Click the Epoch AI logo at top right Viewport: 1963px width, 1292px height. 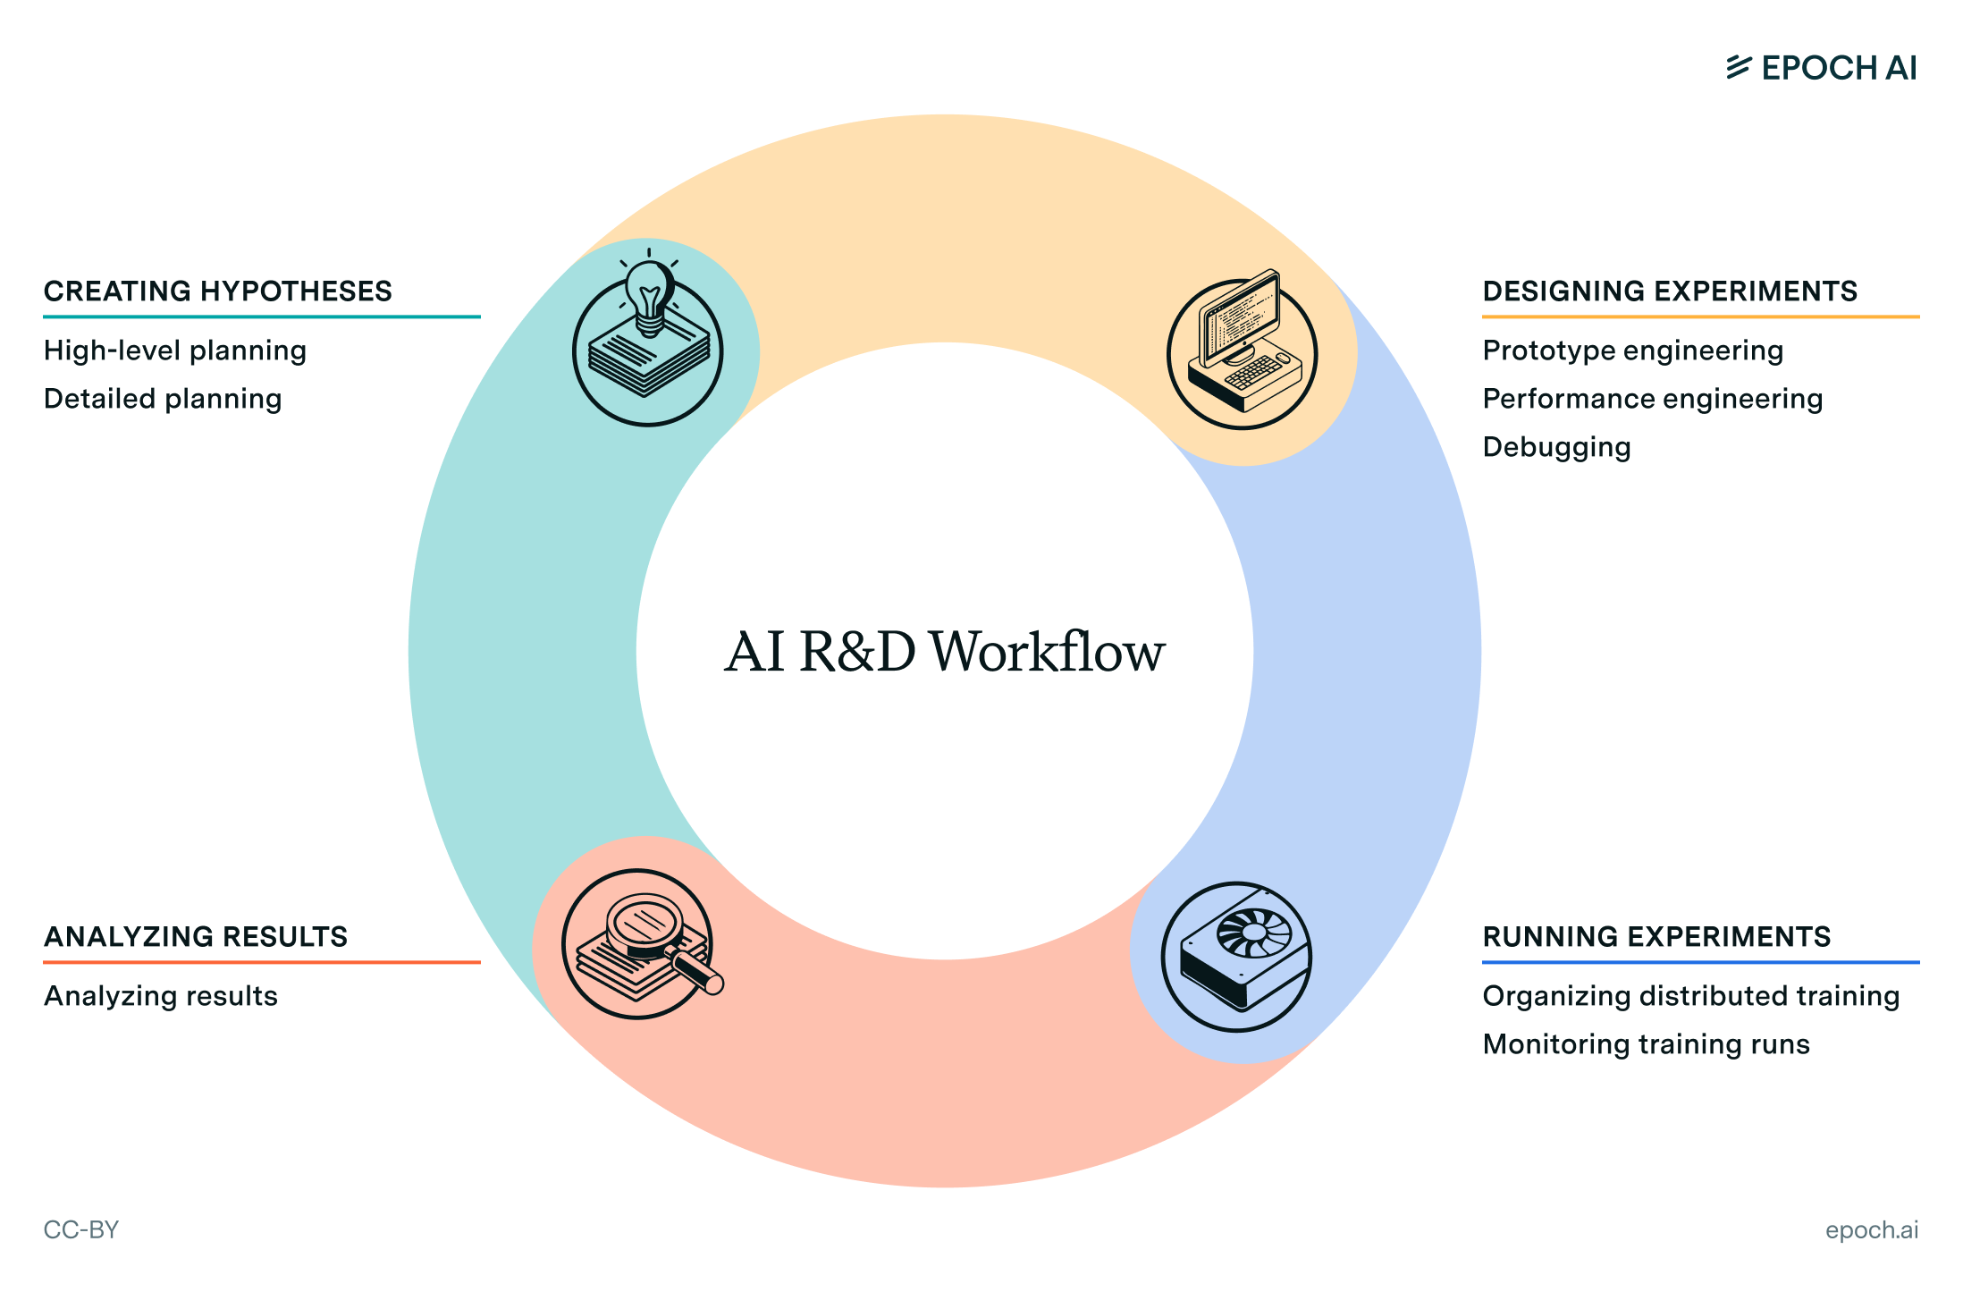pyautogui.click(x=1821, y=68)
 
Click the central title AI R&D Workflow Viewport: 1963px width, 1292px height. pyautogui.click(x=944, y=652)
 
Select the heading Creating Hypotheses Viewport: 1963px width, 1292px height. pyautogui.click(x=217, y=291)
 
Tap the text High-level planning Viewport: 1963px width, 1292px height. pyautogui.click(x=175, y=350)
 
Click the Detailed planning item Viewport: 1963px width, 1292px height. pyautogui.click(x=163, y=399)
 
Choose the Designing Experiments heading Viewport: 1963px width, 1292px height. pyautogui.click(x=1669, y=291)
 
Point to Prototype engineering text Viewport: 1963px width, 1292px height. pyautogui.click(x=1632, y=350)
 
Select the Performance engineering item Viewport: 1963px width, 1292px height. pyautogui.click(x=1652, y=399)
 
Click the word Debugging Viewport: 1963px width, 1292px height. pyautogui.click(x=1556, y=447)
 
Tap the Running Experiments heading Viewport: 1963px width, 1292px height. pyautogui.click(x=1655, y=937)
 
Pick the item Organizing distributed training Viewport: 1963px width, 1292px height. pyautogui.click(x=1690, y=996)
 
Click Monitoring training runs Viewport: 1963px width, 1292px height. pyautogui.click(x=1646, y=1044)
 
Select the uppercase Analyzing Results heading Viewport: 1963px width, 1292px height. pyautogui.click(x=195, y=937)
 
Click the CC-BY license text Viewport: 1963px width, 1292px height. pyautogui.click(x=80, y=1230)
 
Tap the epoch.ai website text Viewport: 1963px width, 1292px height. pyautogui.click(x=1871, y=1230)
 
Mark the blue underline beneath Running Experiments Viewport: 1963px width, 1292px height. pyautogui.click(x=1700, y=963)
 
